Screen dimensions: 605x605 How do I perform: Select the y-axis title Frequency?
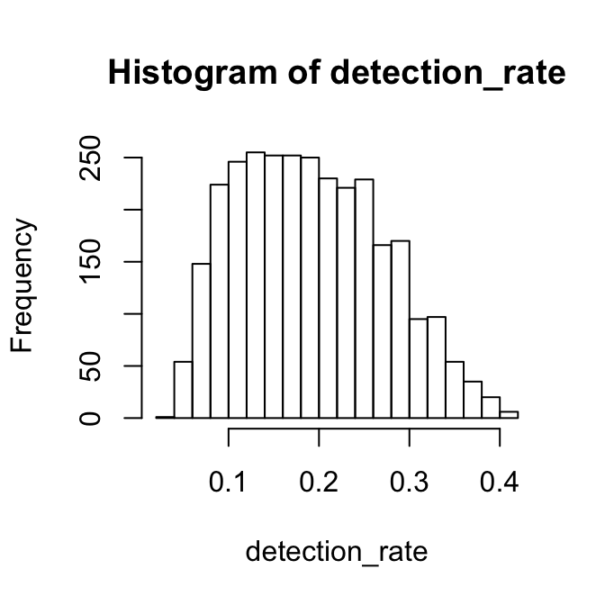tap(24, 286)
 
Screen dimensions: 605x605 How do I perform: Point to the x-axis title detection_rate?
tap(337, 552)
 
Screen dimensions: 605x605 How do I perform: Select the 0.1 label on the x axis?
tap(229, 483)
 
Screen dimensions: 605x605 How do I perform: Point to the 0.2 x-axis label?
tap(319, 483)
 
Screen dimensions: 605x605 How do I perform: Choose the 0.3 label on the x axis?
tap(410, 483)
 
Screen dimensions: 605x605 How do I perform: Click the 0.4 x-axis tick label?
tap(500, 483)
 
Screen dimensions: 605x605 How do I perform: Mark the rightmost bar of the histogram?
tap(509, 415)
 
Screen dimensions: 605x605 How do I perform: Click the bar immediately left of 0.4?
tap(491, 408)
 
